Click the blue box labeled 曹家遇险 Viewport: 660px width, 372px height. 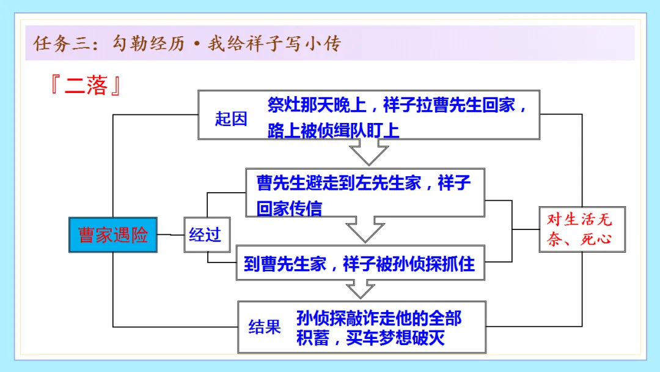coord(113,235)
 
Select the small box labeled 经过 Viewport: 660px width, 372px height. coord(204,235)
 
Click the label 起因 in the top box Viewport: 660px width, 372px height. coord(231,119)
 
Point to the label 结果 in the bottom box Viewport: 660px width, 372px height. coord(265,327)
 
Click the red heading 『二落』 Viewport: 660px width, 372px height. coord(86,86)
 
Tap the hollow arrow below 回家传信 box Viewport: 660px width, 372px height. coord(365,229)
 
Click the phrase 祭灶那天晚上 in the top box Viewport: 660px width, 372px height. coord(317,105)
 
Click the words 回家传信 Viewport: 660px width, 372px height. coord(289,209)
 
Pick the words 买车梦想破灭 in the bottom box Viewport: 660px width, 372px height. coord(395,338)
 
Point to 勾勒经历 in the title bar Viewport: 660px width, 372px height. coord(148,44)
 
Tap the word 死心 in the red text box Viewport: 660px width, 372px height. coord(596,239)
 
